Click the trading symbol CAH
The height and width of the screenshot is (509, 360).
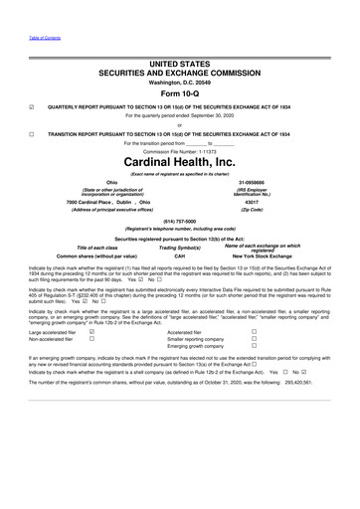pyautogui.click(x=180, y=255)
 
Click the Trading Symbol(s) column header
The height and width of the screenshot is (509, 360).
pyautogui.click(x=180, y=247)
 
